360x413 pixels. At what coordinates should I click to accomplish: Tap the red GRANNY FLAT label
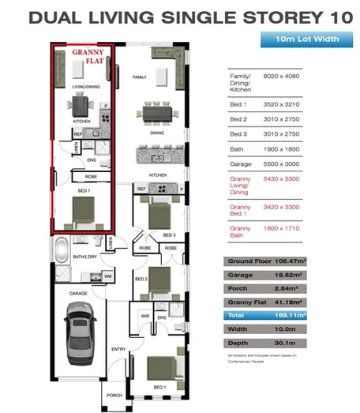click(x=81, y=56)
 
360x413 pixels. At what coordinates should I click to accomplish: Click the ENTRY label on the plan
click(x=118, y=348)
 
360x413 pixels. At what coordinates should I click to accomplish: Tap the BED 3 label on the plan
click(x=168, y=235)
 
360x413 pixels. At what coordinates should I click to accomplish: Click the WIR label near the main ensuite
click(x=144, y=316)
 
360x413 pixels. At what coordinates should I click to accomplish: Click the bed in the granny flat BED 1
click(x=82, y=210)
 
